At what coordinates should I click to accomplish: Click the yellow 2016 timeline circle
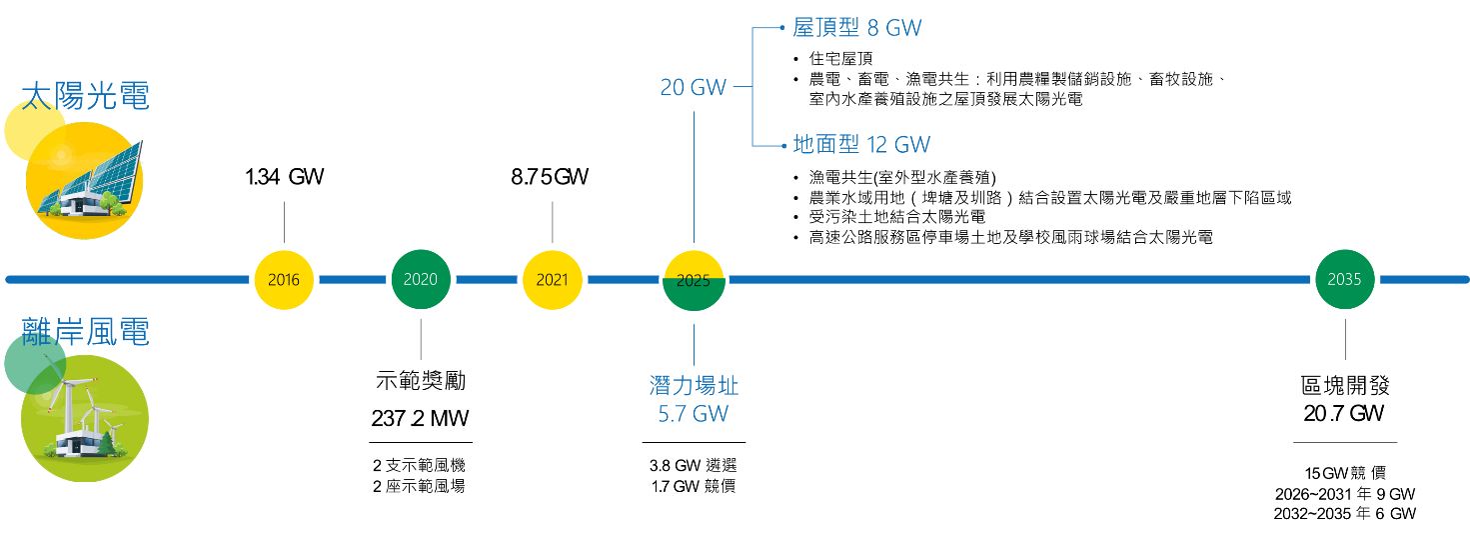coord(285,280)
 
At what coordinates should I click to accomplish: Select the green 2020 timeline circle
coord(421,280)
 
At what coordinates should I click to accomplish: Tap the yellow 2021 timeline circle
coord(552,280)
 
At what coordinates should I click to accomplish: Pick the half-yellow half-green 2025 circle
coord(693,280)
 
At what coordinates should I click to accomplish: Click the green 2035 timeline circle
coord(1344,280)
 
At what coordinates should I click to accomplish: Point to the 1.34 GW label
coord(285,178)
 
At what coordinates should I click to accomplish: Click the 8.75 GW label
coord(550,178)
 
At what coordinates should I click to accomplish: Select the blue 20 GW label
coord(693,88)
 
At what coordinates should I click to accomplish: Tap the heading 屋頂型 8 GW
coord(856,29)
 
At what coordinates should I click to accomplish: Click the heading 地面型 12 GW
coord(861,145)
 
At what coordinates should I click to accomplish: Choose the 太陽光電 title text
coord(86,97)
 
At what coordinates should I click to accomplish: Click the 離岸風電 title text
coord(86,332)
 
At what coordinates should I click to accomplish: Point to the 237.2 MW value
coord(420,418)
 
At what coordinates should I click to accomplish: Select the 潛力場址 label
coord(693,386)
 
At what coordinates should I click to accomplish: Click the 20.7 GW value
coord(1344,413)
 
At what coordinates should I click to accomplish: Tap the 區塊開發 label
coord(1345,386)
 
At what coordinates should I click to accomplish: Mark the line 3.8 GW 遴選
coord(693,466)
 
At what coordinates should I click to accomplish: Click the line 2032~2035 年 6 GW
coord(1344,514)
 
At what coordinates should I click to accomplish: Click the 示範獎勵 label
coord(420,381)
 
